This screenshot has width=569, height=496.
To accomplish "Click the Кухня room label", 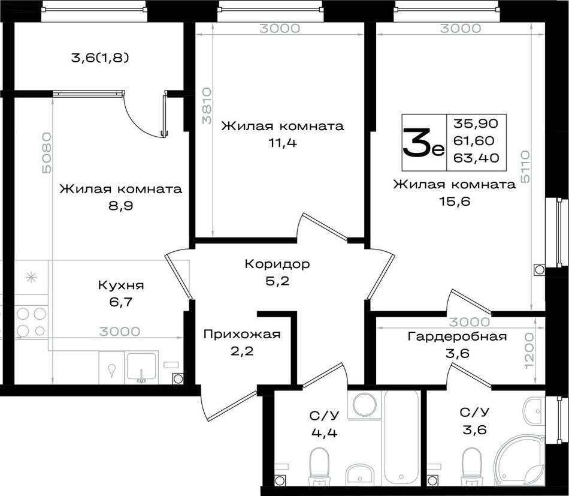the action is tap(121, 285).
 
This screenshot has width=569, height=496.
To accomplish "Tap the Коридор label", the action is tap(277, 264).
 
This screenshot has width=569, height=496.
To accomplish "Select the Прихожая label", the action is tap(242, 334).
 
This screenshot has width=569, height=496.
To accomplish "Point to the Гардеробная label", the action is tap(457, 337).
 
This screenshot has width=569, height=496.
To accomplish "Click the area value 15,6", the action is tap(455, 202).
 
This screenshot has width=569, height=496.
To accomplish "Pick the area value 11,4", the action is tap(282, 143).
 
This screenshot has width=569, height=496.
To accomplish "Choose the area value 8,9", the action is tap(121, 206).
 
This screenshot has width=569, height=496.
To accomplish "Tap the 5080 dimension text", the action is tap(47, 153).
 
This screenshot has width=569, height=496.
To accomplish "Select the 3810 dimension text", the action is tap(207, 106).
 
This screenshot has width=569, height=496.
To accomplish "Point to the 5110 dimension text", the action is tap(525, 167).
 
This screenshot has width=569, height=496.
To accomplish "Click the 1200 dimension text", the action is tap(529, 351).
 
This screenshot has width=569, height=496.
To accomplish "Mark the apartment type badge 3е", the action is tap(423, 143).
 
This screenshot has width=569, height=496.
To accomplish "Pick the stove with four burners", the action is tap(31, 322).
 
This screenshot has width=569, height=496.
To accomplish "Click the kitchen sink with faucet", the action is tap(141, 367).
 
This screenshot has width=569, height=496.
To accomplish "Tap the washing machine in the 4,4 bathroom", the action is tap(365, 404).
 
